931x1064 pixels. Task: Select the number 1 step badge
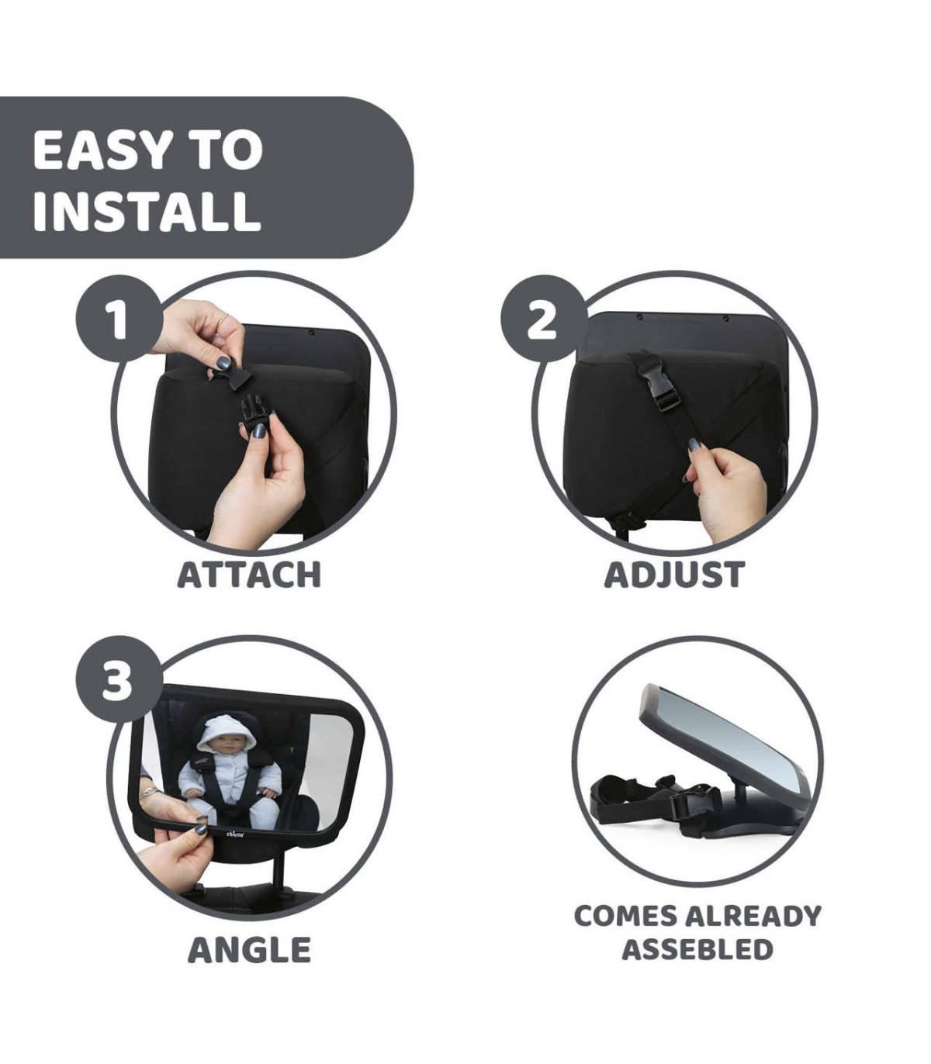[119, 318]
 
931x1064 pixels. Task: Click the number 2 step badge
[544, 318]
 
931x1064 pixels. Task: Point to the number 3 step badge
[119, 679]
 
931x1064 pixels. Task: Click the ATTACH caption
[248, 575]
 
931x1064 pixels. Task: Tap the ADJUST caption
[674, 575]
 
